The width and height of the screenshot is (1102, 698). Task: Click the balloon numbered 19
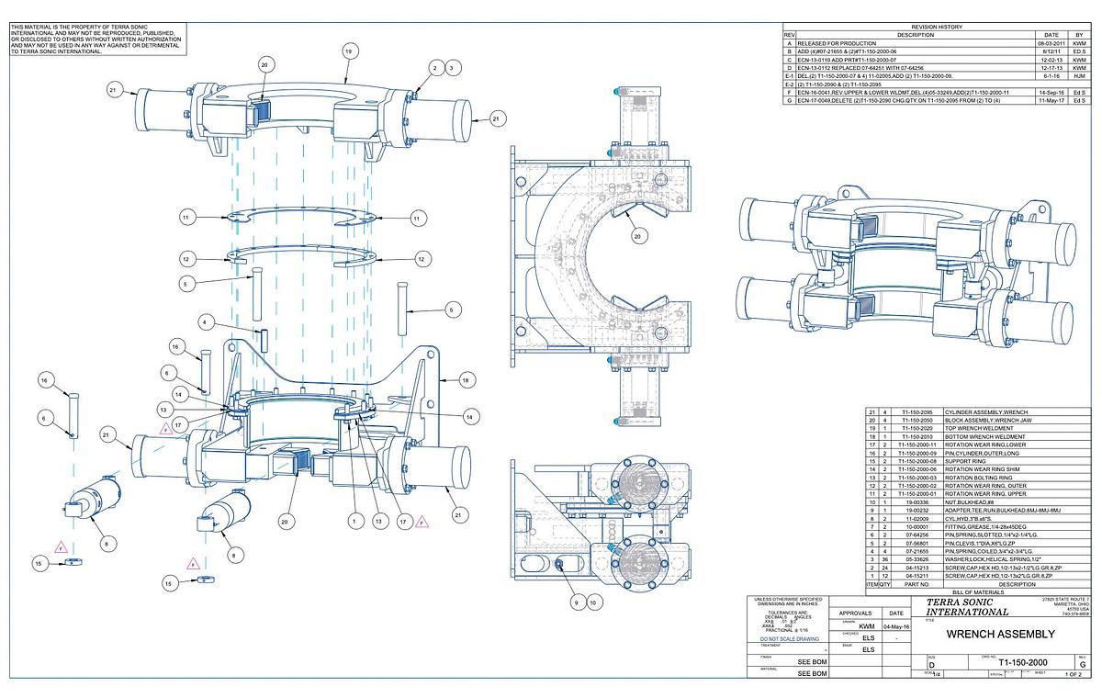click(349, 52)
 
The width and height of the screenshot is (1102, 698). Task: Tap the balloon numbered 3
click(452, 68)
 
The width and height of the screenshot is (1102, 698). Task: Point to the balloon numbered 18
click(466, 379)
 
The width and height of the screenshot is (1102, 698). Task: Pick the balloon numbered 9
click(578, 602)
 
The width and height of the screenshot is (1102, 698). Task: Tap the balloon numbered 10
click(594, 602)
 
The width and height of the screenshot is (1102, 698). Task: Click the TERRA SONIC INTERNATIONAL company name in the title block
click(966, 606)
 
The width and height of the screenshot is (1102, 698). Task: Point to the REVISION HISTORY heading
click(937, 27)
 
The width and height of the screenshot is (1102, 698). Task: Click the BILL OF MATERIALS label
click(977, 591)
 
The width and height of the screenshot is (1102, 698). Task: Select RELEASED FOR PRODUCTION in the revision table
click(837, 43)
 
